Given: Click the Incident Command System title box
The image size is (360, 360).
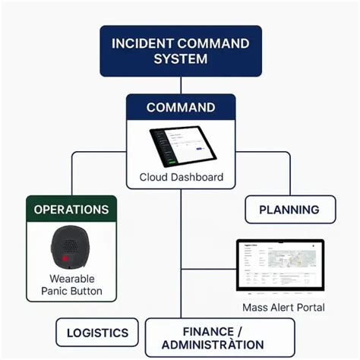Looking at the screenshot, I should tap(180, 51).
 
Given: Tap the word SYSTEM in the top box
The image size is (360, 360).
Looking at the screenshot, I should tap(181, 60).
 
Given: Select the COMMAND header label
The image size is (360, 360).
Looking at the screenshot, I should tap(181, 108).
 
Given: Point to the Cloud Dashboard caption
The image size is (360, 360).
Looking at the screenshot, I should tap(181, 177).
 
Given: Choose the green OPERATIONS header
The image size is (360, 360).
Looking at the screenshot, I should tap(71, 209).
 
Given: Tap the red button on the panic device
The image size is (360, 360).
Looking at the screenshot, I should tap(68, 259).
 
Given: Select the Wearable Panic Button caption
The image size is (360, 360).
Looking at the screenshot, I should tap(71, 285).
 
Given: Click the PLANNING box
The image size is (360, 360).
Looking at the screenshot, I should tap(290, 210).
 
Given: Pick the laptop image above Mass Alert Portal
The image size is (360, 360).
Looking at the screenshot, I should tap(280, 266).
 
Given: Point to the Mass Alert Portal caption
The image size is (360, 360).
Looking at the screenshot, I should tap(283, 308).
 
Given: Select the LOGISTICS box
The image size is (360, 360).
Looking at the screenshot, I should tap(96, 333).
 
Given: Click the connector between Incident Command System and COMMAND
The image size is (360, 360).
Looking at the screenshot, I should tap(181, 85).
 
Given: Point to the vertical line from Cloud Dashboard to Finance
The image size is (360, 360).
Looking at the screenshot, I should tap(181, 251).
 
